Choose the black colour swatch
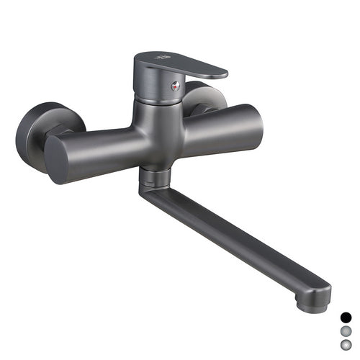[346, 316]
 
